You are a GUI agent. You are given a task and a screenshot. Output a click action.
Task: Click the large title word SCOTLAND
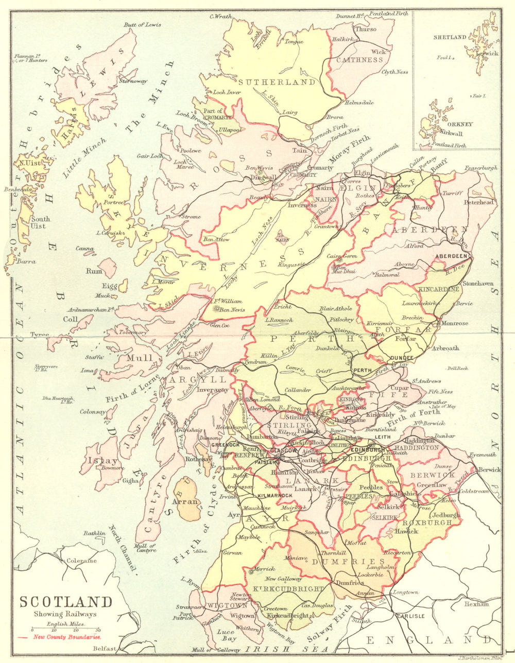(x=66, y=602)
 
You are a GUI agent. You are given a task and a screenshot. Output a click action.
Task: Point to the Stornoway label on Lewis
(x=133, y=81)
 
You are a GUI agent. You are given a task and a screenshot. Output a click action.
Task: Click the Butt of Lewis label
(x=143, y=25)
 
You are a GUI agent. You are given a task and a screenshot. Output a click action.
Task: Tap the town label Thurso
(x=366, y=29)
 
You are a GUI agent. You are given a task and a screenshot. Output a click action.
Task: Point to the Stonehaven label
(x=478, y=283)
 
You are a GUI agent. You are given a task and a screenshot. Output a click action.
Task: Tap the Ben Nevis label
(x=232, y=310)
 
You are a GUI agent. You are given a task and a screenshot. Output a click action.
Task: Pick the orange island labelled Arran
(x=186, y=500)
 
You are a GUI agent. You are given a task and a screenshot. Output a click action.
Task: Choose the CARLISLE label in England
(x=410, y=616)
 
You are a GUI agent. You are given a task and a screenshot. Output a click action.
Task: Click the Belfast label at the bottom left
(x=105, y=649)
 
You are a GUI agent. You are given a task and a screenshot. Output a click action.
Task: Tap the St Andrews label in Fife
(x=426, y=381)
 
